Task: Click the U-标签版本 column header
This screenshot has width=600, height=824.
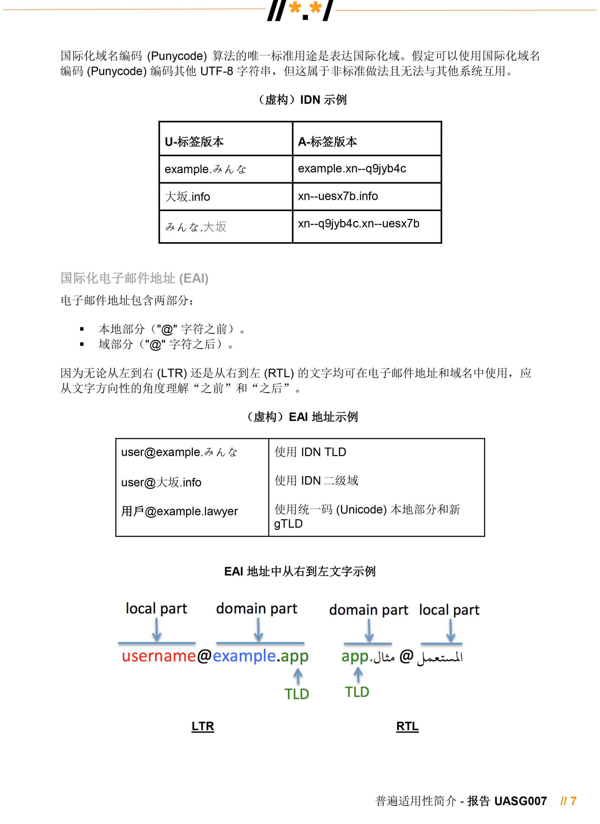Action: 194,142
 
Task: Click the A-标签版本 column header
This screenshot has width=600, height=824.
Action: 327,142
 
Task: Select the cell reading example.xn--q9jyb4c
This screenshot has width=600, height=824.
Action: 352,168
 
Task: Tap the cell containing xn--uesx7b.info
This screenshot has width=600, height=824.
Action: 338,196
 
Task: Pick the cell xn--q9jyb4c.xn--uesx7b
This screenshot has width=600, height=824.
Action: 359,224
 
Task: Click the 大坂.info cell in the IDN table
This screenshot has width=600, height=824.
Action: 187,197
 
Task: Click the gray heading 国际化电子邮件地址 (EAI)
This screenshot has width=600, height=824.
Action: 134,278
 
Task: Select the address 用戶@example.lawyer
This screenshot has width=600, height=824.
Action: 179,511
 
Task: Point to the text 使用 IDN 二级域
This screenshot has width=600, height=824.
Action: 316,481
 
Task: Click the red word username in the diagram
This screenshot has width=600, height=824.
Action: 159,656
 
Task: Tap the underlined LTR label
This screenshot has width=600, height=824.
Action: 203,726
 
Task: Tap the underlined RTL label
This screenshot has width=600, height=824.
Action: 407,726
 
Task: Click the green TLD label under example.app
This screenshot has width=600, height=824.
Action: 296,694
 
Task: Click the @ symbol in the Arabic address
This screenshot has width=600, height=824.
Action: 406,656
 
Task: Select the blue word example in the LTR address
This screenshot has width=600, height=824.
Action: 244,656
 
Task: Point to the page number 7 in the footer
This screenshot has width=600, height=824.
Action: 574,801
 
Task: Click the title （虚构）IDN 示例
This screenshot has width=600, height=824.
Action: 302,100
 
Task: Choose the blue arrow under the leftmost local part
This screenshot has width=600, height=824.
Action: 156,630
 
